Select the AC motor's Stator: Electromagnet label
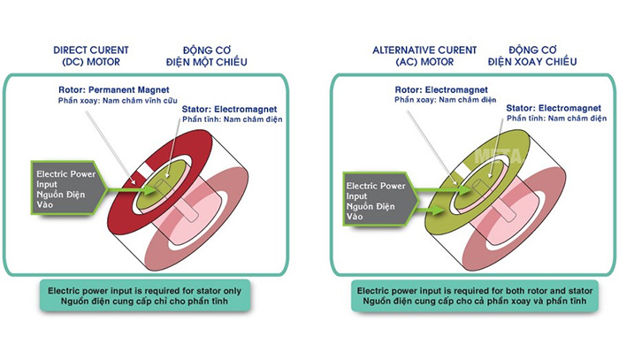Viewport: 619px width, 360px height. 555,108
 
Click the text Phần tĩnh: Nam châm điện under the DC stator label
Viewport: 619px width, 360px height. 231,120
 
